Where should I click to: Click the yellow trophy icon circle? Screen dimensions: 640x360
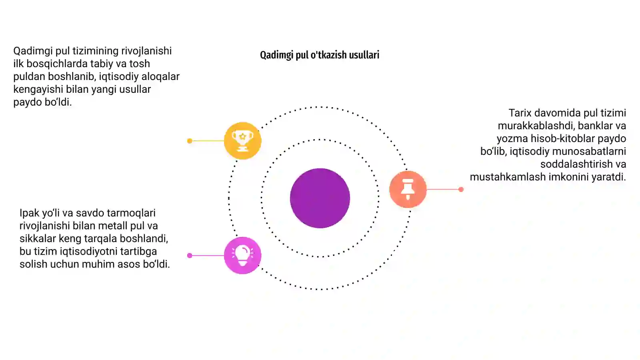[242, 140]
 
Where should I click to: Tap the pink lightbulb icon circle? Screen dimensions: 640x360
[242, 256]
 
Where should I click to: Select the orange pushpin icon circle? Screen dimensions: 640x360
[408, 189]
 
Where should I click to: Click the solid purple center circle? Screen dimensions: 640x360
[320, 198]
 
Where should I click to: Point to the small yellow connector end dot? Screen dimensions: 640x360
[190, 141]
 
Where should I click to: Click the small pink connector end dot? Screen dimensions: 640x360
[190, 256]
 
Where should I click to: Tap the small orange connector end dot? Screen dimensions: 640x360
[461, 189]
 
